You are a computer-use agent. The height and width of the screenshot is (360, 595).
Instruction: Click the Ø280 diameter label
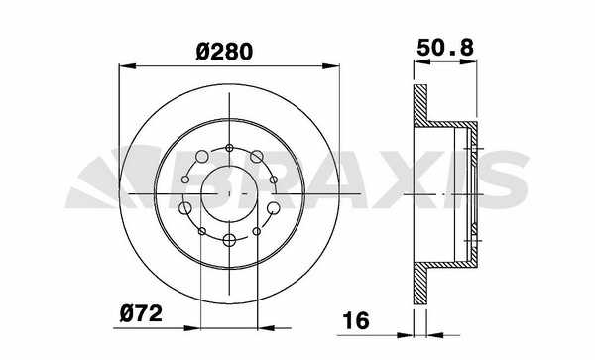point(224,52)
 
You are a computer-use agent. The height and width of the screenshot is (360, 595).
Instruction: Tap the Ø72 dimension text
point(141,314)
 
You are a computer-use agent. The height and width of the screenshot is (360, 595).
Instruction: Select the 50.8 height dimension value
point(445,48)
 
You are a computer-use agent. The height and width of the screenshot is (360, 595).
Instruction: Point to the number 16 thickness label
point(356,321)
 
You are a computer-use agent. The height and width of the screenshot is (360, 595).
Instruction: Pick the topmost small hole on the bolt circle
point(229,148)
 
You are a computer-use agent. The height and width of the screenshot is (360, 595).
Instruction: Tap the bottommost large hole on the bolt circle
point(229,240)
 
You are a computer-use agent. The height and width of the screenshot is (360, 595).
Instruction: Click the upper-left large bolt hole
point(202,156)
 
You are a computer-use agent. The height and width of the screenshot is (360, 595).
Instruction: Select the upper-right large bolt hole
point(257,156)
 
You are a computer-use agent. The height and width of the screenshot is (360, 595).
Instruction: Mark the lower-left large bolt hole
point(185,208)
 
